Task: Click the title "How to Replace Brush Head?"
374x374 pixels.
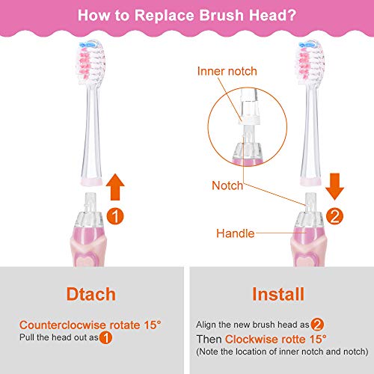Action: click(x=186, y=15)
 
